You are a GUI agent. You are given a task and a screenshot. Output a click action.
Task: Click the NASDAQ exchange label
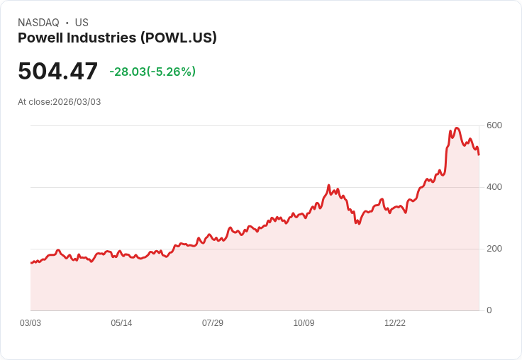[38, 23]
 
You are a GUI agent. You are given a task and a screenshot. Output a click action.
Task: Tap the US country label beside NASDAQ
[82, 23]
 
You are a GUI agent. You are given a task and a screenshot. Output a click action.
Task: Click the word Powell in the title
[41, 38]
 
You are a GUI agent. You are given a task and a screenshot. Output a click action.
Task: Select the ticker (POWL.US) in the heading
[179, 38]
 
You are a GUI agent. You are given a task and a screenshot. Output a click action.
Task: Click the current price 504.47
[57, 72]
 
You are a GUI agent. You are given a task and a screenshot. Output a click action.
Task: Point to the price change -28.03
[128, 72]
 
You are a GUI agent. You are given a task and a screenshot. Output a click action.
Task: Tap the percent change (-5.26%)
[171, 72]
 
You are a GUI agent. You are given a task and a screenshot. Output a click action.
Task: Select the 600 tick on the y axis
[494, 125]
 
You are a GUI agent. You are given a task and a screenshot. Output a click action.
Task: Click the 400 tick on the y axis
[494, 187]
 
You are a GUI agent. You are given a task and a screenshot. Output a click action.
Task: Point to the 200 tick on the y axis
[494, 249]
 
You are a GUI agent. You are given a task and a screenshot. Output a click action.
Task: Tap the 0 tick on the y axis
[489, 310]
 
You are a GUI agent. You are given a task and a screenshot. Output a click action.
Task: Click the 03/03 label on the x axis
[30, 323]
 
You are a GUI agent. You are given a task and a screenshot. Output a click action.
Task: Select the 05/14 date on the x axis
[121, 323]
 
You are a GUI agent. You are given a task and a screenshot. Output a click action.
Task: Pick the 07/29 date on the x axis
[213, 323]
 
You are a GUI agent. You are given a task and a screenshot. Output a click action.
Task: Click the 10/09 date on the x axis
[304, 323]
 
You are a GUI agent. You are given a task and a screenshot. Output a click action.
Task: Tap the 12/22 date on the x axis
[395, 323]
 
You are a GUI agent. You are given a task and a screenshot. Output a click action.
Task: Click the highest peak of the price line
[457, 128]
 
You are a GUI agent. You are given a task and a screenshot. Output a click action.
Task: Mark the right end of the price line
[479, 154]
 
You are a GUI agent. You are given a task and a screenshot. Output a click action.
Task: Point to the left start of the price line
[31, 263]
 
